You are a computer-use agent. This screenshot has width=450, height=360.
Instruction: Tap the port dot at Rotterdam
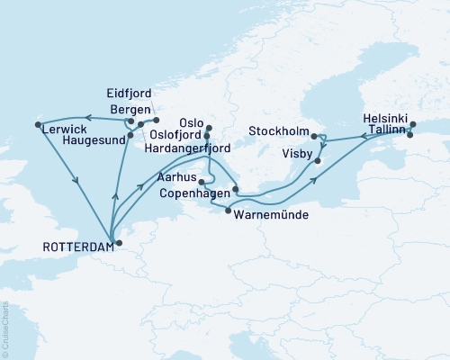pyautogui.click(x=117, y=242)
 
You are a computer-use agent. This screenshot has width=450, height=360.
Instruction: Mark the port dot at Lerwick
pyautogui.click(x=38, y=124)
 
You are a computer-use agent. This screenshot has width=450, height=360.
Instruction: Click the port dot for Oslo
pyautogui.click(x=209, y=128)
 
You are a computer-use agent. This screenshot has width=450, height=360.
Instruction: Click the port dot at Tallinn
pyautogui.click(x=409, y=136)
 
